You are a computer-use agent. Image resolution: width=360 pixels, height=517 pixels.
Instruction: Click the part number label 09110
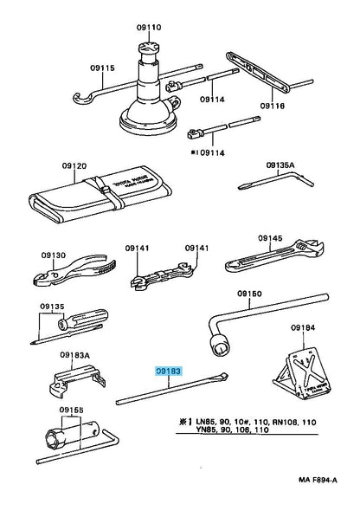(x=151, y=27)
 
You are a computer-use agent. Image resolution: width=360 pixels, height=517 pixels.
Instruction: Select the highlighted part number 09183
(x=169, y=372)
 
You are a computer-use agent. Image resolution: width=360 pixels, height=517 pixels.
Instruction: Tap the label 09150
(x=250, y=294)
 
